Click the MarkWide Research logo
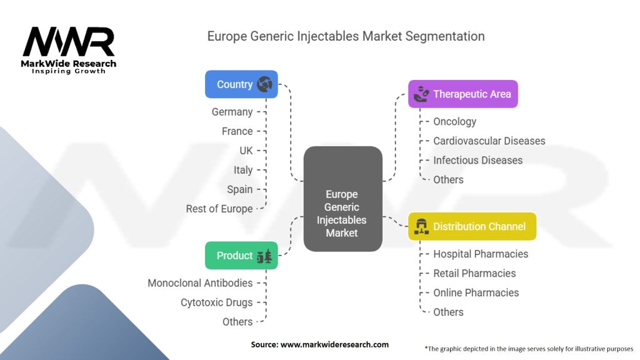click(x=69, y=48)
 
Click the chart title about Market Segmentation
click(x=346, y=36)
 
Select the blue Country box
click(x=241, y=84)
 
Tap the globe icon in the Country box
click(x=264, y=84)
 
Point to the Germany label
click(x=232, y=112)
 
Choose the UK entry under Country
click(x=246, y=151)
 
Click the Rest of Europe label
click(x=219, y=209)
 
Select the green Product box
click(x=241, y=256)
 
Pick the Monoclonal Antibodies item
click(x=200, y=283)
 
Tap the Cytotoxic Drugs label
click(x=217, y=302)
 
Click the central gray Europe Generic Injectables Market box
click(x=342, y=199)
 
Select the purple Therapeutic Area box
click(x=462, y=94)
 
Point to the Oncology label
click(x=454, y=122)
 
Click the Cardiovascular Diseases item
click(x=489, y=141)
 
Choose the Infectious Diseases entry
click(x=477, y=161)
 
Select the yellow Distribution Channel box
click(x=472, y=226)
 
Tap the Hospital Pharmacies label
click(x=481, y=254)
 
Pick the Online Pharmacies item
click(x=476, y=292)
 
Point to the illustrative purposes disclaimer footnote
click(x=529, y=349)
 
